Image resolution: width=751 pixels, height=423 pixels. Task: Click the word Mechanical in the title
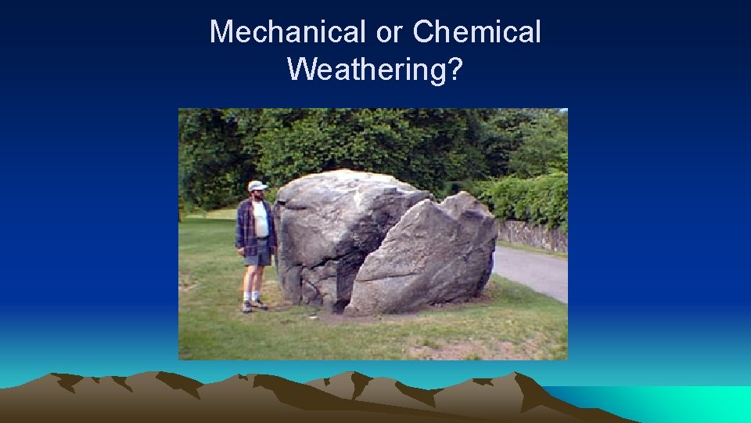pos(286,33)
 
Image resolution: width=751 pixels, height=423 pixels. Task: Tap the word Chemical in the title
pos(476,33)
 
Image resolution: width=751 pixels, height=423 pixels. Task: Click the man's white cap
pos(257,186)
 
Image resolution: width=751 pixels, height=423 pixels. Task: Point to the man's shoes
pos(253,304)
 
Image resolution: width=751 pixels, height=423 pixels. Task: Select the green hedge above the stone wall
pos(528,200)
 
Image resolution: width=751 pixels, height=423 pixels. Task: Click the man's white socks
pos(251,296)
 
